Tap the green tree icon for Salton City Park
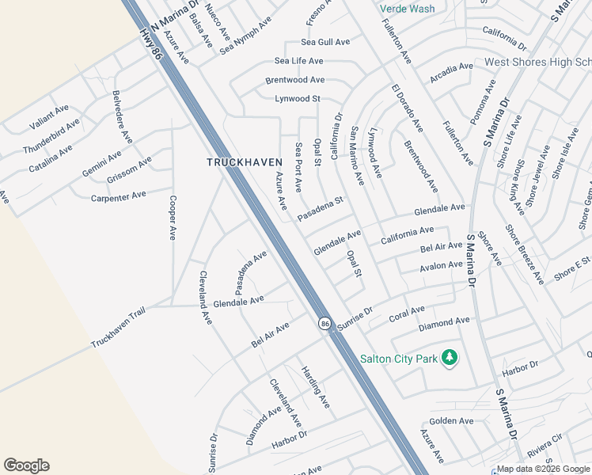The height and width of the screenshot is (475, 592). [x=450, y=358]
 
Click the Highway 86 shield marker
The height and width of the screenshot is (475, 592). [x=324, y=324]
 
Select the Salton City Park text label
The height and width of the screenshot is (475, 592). [x=399, y=359]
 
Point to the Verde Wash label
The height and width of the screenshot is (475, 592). [x=407, y=9]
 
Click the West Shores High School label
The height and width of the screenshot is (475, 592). [x=537, y=62]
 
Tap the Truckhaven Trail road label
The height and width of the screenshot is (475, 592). [x=119, y=329]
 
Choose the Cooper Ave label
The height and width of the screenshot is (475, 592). [x=173, y=218]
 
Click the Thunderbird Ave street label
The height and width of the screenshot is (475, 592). [x=51, y=136]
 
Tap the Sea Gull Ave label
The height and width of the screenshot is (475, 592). [x=324, y=42]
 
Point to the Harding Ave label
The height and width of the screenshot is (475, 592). [x=314, y=386]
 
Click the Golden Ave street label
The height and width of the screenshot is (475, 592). [x=451, y=421]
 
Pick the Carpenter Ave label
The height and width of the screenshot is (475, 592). [x=119, y=196]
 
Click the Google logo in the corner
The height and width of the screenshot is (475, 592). [x=26, y=465]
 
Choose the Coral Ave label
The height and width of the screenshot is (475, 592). [x=407, y=314]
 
